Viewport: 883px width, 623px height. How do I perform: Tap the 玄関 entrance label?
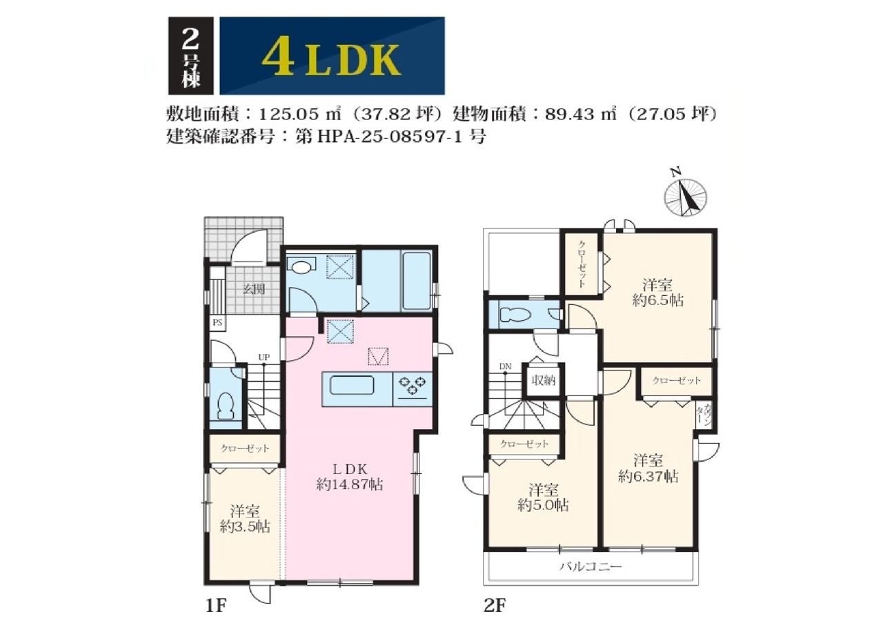pyautogui.click(x=253, y=289)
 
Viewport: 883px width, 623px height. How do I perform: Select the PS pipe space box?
pyautogui.click(x=217, y=323)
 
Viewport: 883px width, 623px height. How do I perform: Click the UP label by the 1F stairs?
pyautogui.click(x=264, y=357)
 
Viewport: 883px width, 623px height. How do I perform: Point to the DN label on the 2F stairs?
pyautogui.click(x=505, y=367)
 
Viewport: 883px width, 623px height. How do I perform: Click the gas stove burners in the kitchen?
pyautogui.click(x=413, y=386)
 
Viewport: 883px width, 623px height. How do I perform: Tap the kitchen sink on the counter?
pyautogui.click(x=352, y=385)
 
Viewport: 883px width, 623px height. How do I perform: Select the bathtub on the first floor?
pyautogui.click(x=417, y=281)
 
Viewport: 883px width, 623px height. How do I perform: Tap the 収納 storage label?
pyautogui.click(x=543, y=380)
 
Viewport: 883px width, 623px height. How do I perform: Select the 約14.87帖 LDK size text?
pyautogui.click(x=350, y=484)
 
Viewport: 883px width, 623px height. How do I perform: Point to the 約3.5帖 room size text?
pyautogui.click(x=245, y=527)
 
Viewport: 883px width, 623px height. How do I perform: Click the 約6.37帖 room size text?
pyautogui.click(x=648, y=477)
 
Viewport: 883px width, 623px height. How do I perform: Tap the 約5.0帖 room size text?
pyautogui.click(x=543, y=506)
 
